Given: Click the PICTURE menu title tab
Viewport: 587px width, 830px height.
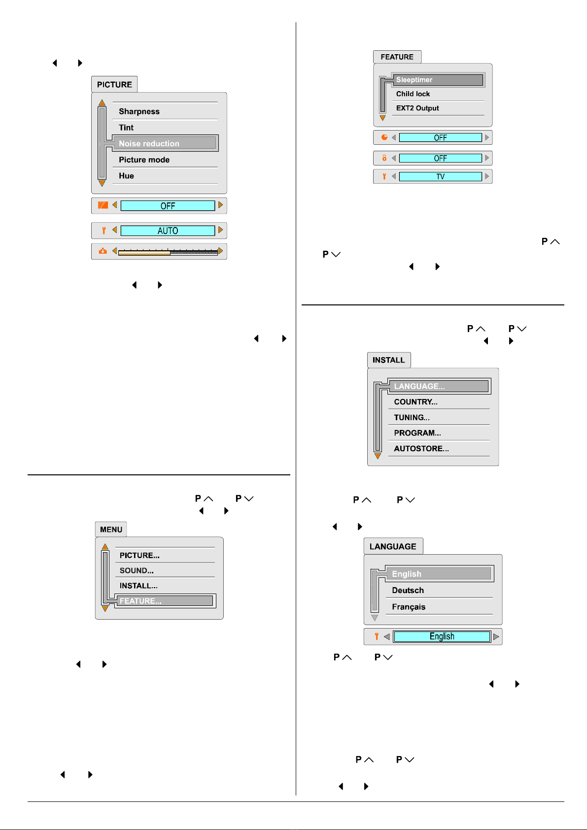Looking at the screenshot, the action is click(x=114, y=85).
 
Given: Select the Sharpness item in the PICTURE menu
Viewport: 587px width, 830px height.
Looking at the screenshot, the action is click(x=139, y=111).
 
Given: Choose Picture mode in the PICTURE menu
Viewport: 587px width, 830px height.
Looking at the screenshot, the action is click(x=144, y=160).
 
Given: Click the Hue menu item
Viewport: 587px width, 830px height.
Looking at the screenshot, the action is click(x=126, y=176).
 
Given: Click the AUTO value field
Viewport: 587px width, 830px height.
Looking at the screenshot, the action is click(x=168, y=231).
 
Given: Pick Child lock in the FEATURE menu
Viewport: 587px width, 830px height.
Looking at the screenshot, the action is click(x=413, y=94).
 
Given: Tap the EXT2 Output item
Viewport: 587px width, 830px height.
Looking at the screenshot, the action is click(x=417, y=108).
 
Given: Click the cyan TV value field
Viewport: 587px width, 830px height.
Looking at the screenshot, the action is click(x=440, y=176).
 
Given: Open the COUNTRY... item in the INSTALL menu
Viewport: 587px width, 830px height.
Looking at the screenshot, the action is click(x=415, y=402).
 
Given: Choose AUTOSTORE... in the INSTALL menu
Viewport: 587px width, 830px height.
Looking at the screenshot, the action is click(x=421, y=449).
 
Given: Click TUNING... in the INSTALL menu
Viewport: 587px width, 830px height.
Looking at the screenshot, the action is click(x=412, y=418).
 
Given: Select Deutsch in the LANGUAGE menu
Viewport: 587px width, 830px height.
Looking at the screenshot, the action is click(x=408, y=590).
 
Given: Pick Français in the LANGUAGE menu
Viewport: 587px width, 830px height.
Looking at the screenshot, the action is click(x=408, y=607).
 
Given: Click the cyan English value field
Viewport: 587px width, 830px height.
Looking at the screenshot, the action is click(x=442, y=636).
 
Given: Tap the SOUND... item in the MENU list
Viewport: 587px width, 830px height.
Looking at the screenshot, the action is click(x=137, y=570).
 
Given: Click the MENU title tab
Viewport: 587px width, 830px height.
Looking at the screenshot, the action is click(x=111, y=530).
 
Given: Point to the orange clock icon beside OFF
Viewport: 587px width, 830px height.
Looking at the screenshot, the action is click(x=384, y=137).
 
